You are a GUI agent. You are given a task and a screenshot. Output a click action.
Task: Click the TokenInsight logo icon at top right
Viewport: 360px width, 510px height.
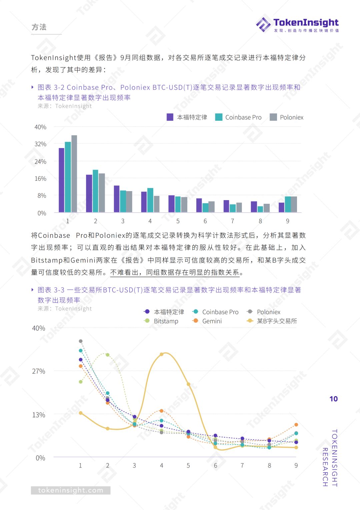[263, 25]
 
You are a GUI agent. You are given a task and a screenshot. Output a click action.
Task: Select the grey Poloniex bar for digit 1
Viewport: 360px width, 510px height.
[74, 173]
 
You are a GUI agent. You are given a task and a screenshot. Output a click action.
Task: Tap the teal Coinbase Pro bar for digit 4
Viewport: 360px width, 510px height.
[150, 200]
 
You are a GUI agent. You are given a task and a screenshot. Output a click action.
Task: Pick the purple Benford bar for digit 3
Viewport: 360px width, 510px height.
[117, 199]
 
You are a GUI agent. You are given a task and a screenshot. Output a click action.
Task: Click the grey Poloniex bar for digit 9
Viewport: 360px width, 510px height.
[294, 204]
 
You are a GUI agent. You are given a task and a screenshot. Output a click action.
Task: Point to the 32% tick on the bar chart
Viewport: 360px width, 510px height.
[40, 144]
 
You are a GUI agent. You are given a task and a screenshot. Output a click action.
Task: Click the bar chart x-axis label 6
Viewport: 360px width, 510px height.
[205, 221]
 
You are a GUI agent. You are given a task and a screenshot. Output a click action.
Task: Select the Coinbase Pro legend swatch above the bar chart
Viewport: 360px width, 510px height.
[219, 117]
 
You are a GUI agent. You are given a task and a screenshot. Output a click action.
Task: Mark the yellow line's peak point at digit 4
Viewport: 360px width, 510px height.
[162, 354]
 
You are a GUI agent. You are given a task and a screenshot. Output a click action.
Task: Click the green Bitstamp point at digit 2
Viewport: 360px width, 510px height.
[108, 355]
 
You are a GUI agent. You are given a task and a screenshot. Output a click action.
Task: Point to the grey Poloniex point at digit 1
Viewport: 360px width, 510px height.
[81, 341]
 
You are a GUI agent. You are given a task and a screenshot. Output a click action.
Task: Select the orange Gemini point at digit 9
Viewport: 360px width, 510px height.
[296, 425]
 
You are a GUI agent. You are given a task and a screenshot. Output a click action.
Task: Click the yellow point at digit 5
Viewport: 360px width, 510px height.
[188, 384]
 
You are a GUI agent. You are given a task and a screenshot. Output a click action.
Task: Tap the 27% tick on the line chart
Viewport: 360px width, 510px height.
[39, 371]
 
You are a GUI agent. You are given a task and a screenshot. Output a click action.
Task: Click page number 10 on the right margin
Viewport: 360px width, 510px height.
[333, 399]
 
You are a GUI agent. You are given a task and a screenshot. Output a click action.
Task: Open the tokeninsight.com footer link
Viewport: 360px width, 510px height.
[71, 490]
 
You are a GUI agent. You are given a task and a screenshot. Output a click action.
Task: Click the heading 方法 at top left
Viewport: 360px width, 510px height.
[39, 27]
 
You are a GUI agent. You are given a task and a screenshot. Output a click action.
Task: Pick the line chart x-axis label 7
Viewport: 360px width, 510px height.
[242, 465]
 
